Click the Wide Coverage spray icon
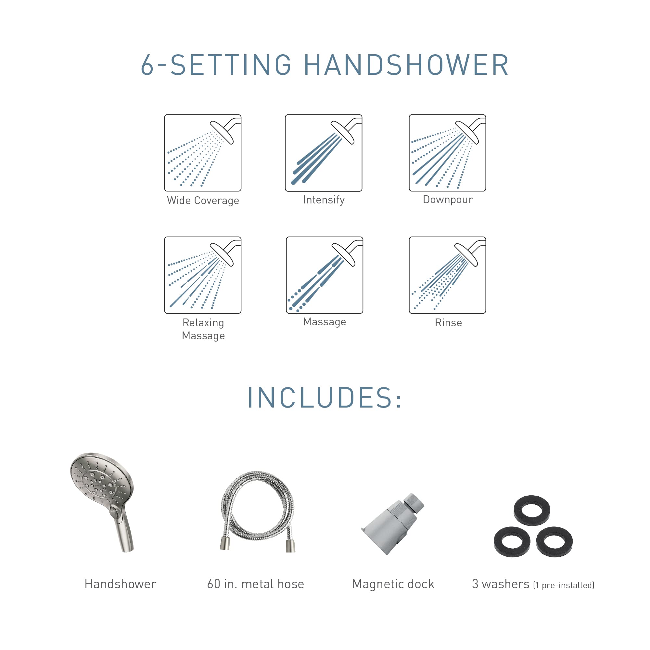pyautogui.click(x=203, y=153)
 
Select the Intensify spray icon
pyautogui.click(x=323, y=153)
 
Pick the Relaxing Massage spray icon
pyautogui.click(x=203, y=275)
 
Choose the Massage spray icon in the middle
pyautogui.click(x=324, y=275)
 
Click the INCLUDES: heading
pyautogui.click(x=325, y=398)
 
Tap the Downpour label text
pyautogui.click(x=448, y=200)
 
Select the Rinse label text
pyautogui.click(x=448, y=323)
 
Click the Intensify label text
pyautogui.click(x=324, y=200)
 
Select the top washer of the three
pyautogui.click(x=531, y=510)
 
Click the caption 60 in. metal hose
pyautogui.click(x=255, y=584)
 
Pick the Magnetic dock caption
pyautogui.click(x=393, y=584)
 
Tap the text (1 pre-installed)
pyautogui.click(x=564, y=585)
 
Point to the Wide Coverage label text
pyautogui.click(x=203, y=201)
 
